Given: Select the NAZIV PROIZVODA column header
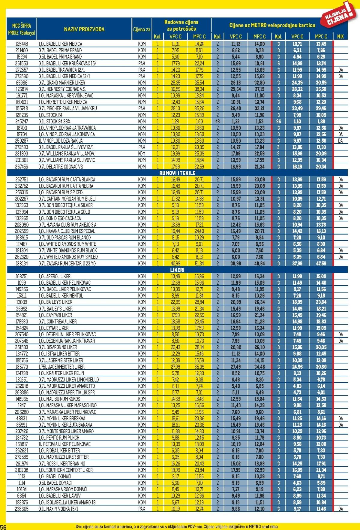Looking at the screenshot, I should tap(84, 29).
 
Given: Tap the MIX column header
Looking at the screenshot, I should tap(340, 37).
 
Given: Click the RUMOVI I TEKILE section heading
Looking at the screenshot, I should tap(177, 173).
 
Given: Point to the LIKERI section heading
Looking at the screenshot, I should tap(177, 270).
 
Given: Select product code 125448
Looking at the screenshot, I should tap(21, 44).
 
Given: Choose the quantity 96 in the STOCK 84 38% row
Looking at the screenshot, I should tap(278, 121).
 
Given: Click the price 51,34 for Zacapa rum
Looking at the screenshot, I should tap(199, 263).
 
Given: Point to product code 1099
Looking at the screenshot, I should tap(21, 283).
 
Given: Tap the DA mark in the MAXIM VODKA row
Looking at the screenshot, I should tap(340, 509).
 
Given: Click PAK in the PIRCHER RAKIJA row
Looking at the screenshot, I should tap(142, 108).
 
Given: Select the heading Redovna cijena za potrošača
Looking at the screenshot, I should tap(181, 25).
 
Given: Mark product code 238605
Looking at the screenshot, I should tap(21, 509).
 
